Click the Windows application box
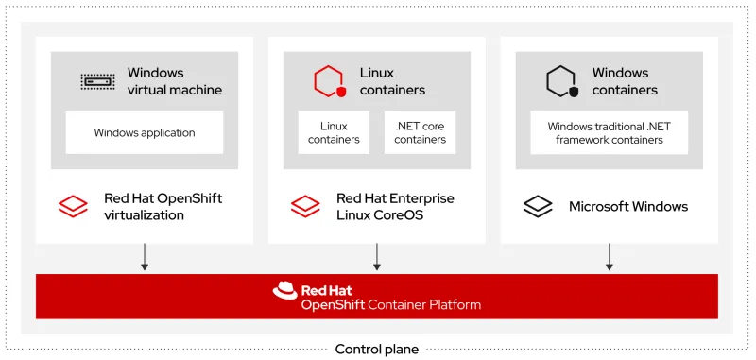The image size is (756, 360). (145, 132)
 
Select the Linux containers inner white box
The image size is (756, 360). (334, 132)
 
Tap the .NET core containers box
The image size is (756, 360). (420, 132)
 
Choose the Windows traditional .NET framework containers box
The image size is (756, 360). (609, 132)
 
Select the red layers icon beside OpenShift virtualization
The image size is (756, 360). (73, 206)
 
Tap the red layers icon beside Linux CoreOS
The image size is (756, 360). (305, 206)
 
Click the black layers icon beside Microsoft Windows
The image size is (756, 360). (538, 206)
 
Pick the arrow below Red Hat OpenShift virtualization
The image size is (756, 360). (145, 257)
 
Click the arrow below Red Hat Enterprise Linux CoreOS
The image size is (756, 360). (377, 257)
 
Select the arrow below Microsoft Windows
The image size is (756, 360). (610, 257)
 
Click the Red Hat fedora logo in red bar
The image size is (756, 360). (284, 291)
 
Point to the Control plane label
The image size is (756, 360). (377, 350)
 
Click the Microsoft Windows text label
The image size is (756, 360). (628, 206)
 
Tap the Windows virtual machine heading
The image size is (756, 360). (175, 81)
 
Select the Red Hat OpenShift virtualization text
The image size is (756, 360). (163, 206)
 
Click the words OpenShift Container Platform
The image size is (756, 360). (391, 305)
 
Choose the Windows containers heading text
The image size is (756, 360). (625, 81)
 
